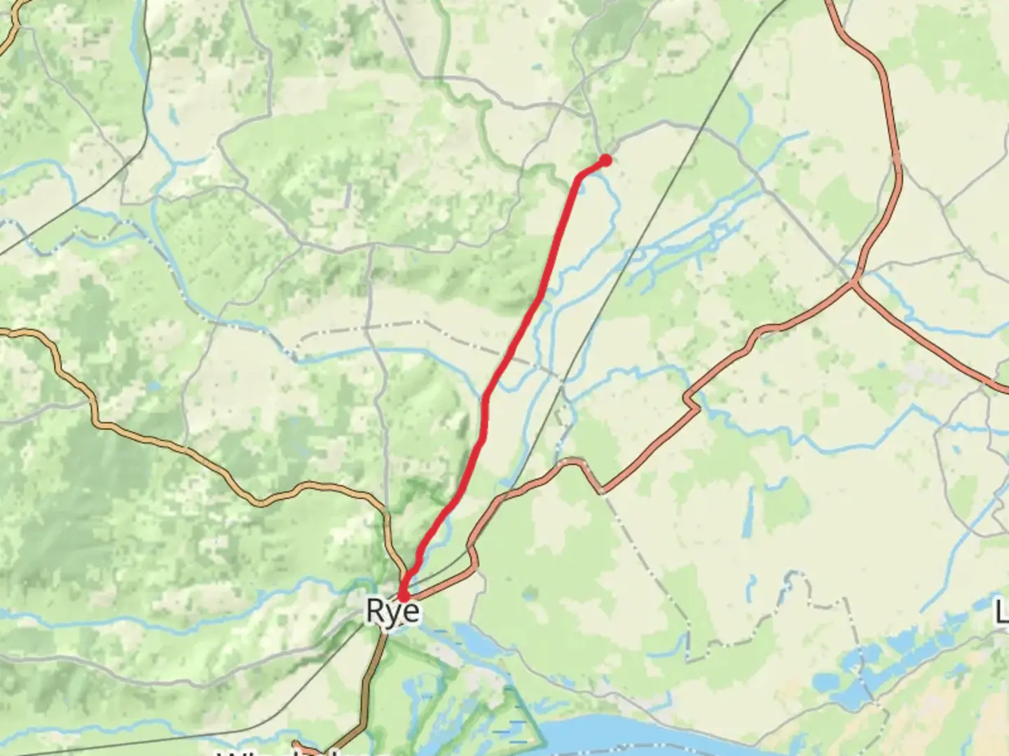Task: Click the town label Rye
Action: (x=393, y=611)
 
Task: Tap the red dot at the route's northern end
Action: (x=605, y=161)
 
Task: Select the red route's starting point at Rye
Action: (x=403, y=596)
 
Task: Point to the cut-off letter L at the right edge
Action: (x=1002, y=613)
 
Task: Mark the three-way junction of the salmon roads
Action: (x=853, y=282)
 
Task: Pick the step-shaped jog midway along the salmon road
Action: (x=692, y=402)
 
